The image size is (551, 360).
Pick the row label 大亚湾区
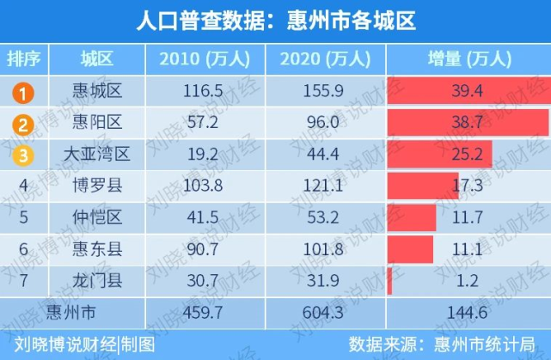click(x=97, y=155)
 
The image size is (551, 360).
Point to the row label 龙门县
click(x=97, y=278)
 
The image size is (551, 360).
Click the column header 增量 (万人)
click(x=469, y=58)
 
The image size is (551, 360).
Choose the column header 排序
click(x=25, y=58)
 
